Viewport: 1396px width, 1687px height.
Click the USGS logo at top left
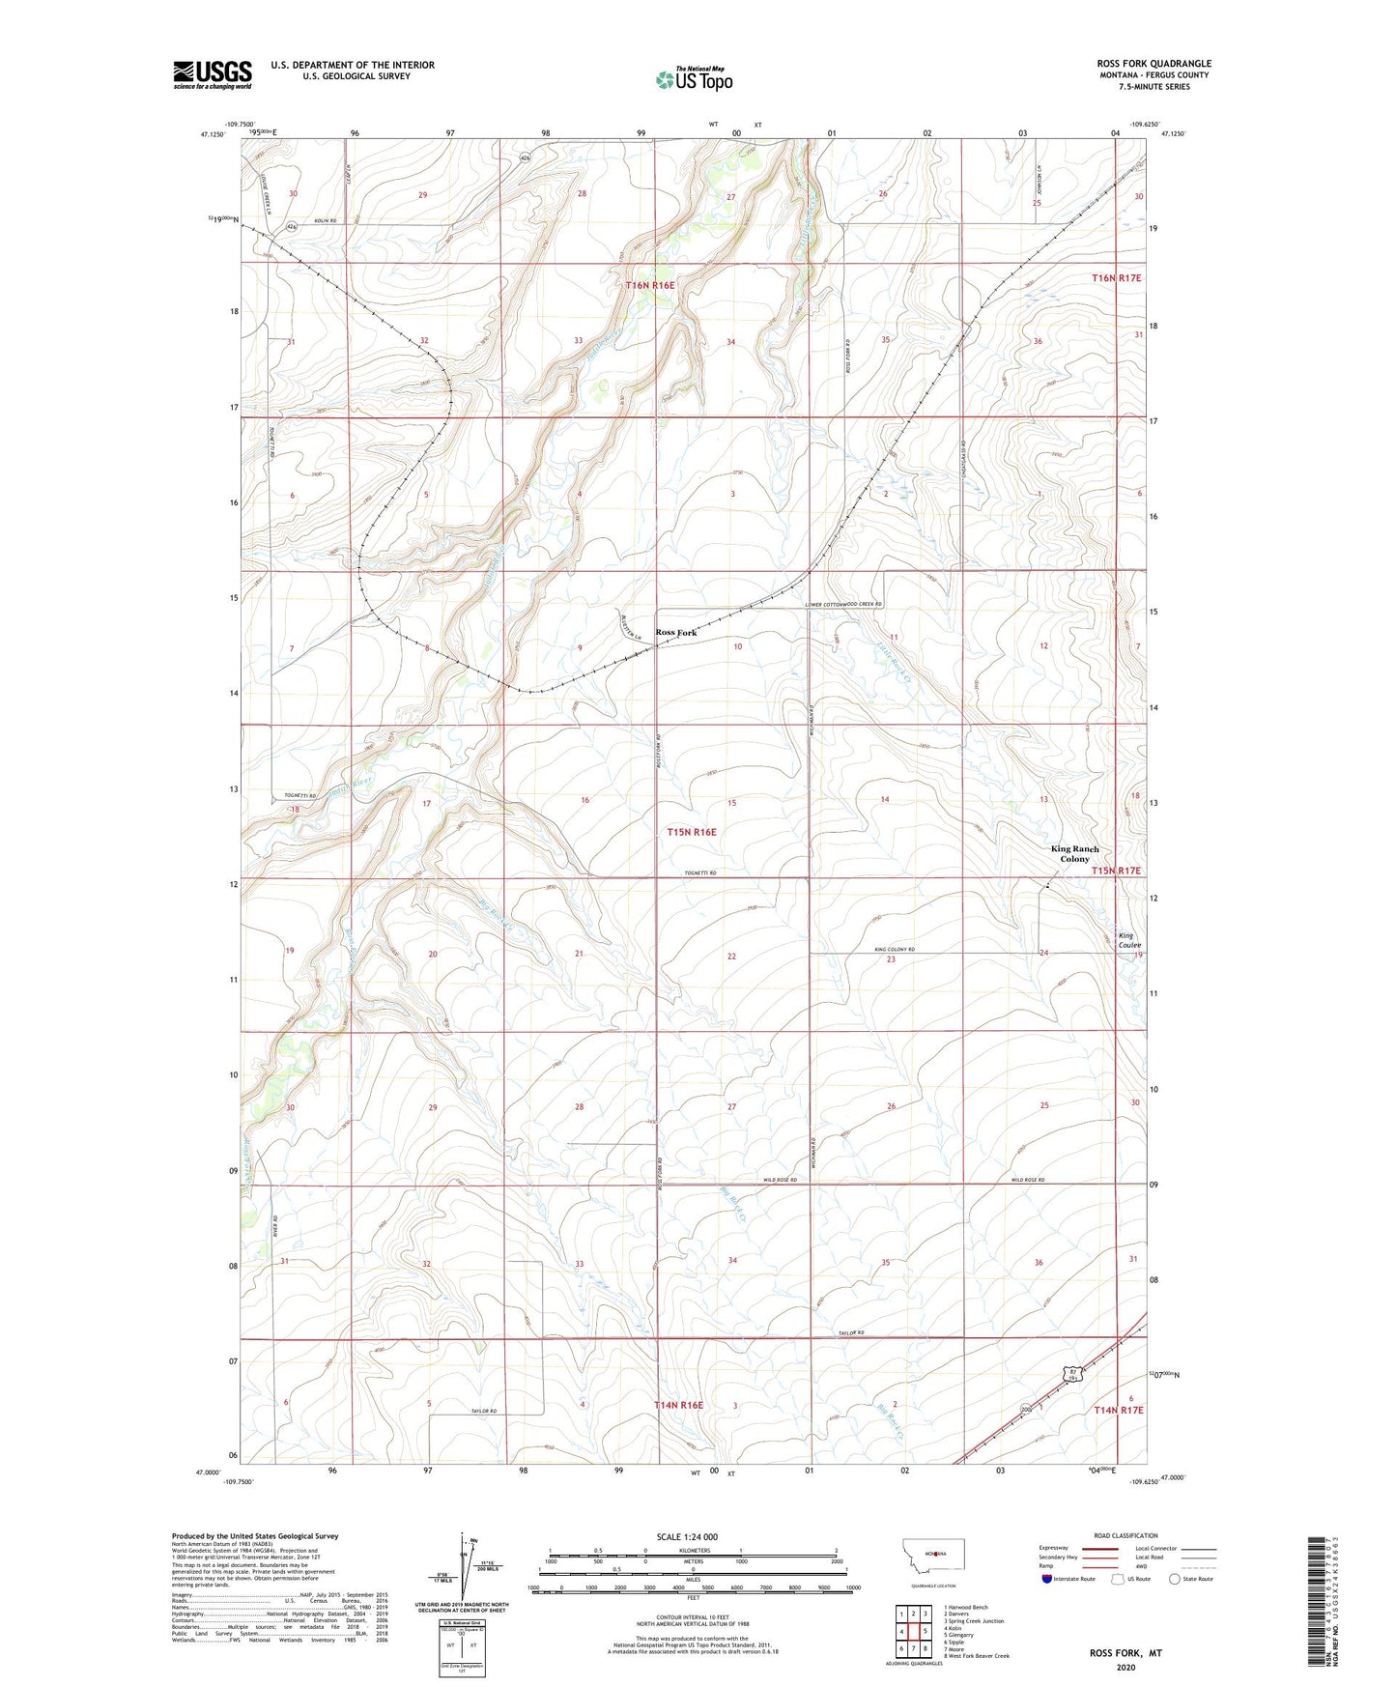[x=213, y=73]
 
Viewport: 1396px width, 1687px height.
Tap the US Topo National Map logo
[x=694, y=78]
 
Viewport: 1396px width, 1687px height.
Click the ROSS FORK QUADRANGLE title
[x=1147, y=64]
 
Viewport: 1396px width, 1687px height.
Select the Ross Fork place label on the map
[x=675, y=633]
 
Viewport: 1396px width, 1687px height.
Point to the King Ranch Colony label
[x=1074, y=853]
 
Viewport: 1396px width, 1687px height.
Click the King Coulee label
[x=1129, y=940]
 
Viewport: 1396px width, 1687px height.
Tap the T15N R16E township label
[x=692, y=832]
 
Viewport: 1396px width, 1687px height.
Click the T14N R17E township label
[x=1118, y=1410]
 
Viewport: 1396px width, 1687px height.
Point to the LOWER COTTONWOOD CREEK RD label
[x=844, y=604]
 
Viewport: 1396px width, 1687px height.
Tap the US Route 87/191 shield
[x=1071, y=1372]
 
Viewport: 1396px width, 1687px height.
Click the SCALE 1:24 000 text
[x=687, y=1536]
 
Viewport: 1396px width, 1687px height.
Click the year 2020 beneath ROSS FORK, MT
[x=1125, y=1667]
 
